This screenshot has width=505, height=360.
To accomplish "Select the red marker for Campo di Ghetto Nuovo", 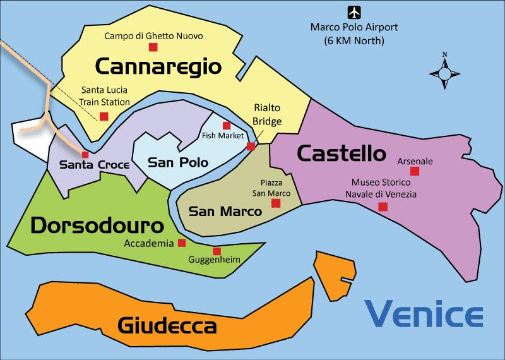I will pyautogui.click(x=153, y=47).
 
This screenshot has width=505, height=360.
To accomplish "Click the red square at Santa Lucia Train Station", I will pyautogui.click(x=104, y=116).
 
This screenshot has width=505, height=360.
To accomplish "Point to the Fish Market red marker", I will pyautogui.click(x=227, y=126).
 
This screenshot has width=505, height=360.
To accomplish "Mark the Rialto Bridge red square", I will pyautogui.click(x=251, y=147).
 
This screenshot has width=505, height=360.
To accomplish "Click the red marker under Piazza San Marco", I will pyautogui.click(x=275, y=203).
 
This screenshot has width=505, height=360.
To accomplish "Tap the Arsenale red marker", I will pyautogui.click(x=414, y=171).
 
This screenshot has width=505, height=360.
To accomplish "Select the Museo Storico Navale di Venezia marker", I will pyautogui.click(x=383, y=207).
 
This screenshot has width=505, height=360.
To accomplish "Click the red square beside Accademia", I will pyautogui.click(x=182, y=243).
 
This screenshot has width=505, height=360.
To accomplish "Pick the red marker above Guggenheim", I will pyautogui.click(x=217, y=250).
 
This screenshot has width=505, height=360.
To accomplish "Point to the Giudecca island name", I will pyautogui.click(x=167, y=326).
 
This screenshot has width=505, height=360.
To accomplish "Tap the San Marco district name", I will pyautogui.click(x=225, y=211).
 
